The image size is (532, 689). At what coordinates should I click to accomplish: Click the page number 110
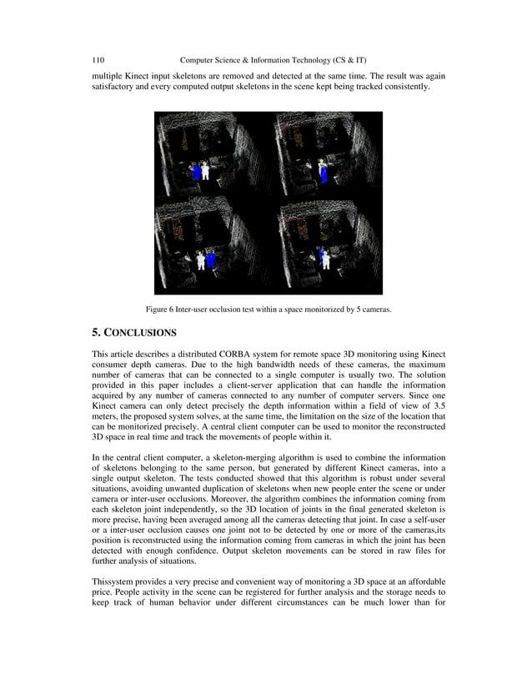[98, 60]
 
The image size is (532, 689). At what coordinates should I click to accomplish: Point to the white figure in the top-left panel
[195, 171]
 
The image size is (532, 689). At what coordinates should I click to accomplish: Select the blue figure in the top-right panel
[322, 173]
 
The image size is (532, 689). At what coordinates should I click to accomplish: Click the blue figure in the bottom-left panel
[212, 259]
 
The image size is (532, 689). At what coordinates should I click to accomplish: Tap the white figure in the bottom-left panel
[201, 259]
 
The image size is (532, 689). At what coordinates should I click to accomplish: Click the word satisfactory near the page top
[114, 86]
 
